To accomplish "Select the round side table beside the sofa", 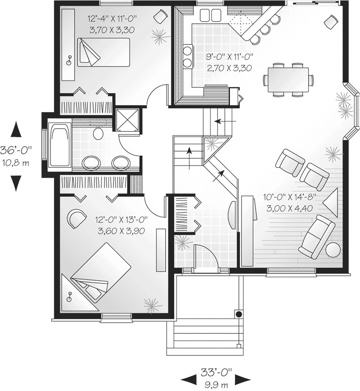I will (333, 250).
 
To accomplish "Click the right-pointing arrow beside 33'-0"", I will (243, 377).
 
